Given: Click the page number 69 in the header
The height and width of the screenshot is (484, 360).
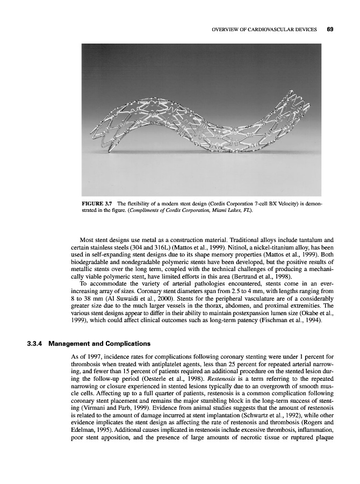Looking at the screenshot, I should tap(330, 29).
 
